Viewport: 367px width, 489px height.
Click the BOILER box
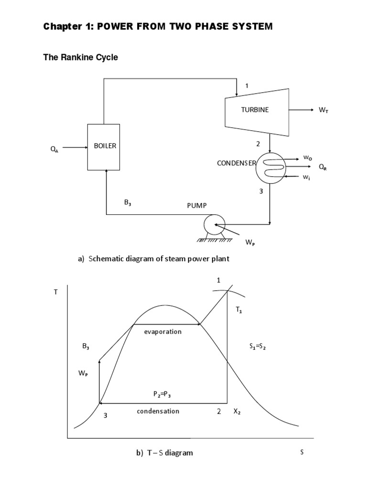pos(103,147)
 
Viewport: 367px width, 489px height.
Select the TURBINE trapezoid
pos(256,110)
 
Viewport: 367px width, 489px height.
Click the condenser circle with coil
pos(271,168)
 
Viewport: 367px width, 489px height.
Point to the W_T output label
pos(324,110)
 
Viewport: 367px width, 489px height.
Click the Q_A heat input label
pos(54,149)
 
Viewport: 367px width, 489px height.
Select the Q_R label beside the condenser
pos(323,167)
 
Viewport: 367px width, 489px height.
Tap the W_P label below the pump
pos(250,242)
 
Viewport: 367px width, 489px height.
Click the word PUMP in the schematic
pos(196,205)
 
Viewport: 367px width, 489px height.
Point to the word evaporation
pos(162,331)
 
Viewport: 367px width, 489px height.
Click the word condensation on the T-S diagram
pos(158,411)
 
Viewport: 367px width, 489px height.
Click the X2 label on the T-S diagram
pos(237,412)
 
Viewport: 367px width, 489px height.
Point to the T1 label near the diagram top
pos(239,310)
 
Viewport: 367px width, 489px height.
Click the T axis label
pos(55,292)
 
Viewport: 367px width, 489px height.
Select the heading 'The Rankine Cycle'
pos(80,57)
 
